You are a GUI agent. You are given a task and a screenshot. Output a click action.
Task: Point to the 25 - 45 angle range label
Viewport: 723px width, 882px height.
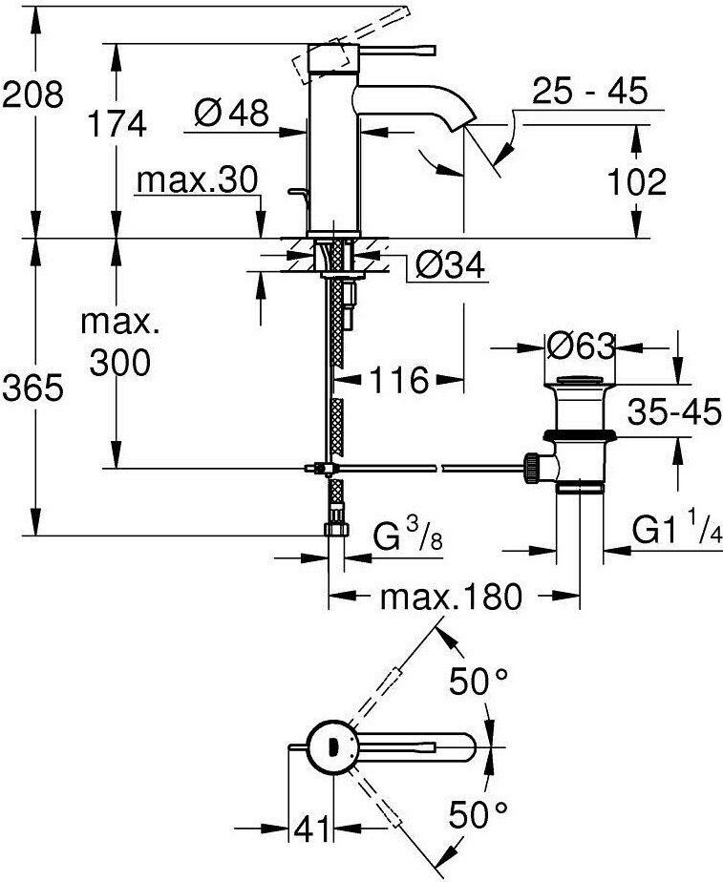point(588,94)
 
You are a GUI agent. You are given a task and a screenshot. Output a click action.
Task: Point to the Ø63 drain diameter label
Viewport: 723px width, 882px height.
point(581,346)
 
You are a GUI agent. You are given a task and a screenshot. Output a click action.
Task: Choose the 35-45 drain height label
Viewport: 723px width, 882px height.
point(673,412)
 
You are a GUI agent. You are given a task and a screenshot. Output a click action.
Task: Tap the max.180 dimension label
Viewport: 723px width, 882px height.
point(452,598)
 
